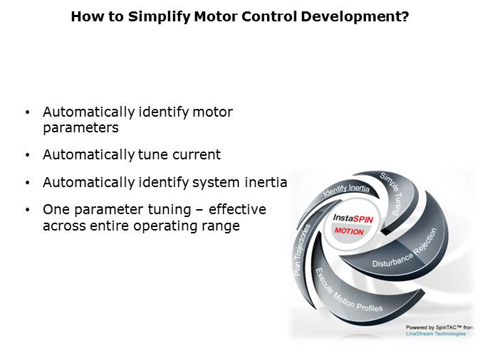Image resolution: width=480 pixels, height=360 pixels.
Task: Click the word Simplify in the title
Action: (160, 17)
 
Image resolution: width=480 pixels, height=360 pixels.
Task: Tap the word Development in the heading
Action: (355, 17)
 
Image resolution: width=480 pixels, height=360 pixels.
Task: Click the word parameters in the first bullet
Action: (80, 128)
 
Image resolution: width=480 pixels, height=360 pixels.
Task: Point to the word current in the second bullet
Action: (197, 154)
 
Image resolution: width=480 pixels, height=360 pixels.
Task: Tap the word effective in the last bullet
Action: (237, 209)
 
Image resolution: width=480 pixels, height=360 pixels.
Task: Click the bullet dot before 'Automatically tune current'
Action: (28, 155)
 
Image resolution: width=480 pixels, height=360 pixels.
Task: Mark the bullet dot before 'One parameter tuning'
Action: (28, 210)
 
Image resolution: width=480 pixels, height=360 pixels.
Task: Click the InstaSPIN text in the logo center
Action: (353, 218)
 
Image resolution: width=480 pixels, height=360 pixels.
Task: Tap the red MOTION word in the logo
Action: (349, 231)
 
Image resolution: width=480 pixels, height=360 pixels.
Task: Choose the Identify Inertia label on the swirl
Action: (347, 189)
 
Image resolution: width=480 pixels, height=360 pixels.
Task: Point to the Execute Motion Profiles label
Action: (348, 291)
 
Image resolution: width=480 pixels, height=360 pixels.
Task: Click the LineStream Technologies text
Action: (436, 334)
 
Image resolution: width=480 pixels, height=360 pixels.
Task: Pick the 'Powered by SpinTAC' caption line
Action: (439, 327)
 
